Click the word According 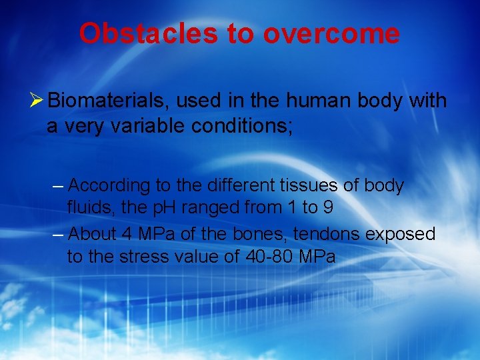click(x=110, y=185)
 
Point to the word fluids click(x=89, y=207)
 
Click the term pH click(x=163, y=207)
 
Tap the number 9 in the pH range click(x=327, y=207)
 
